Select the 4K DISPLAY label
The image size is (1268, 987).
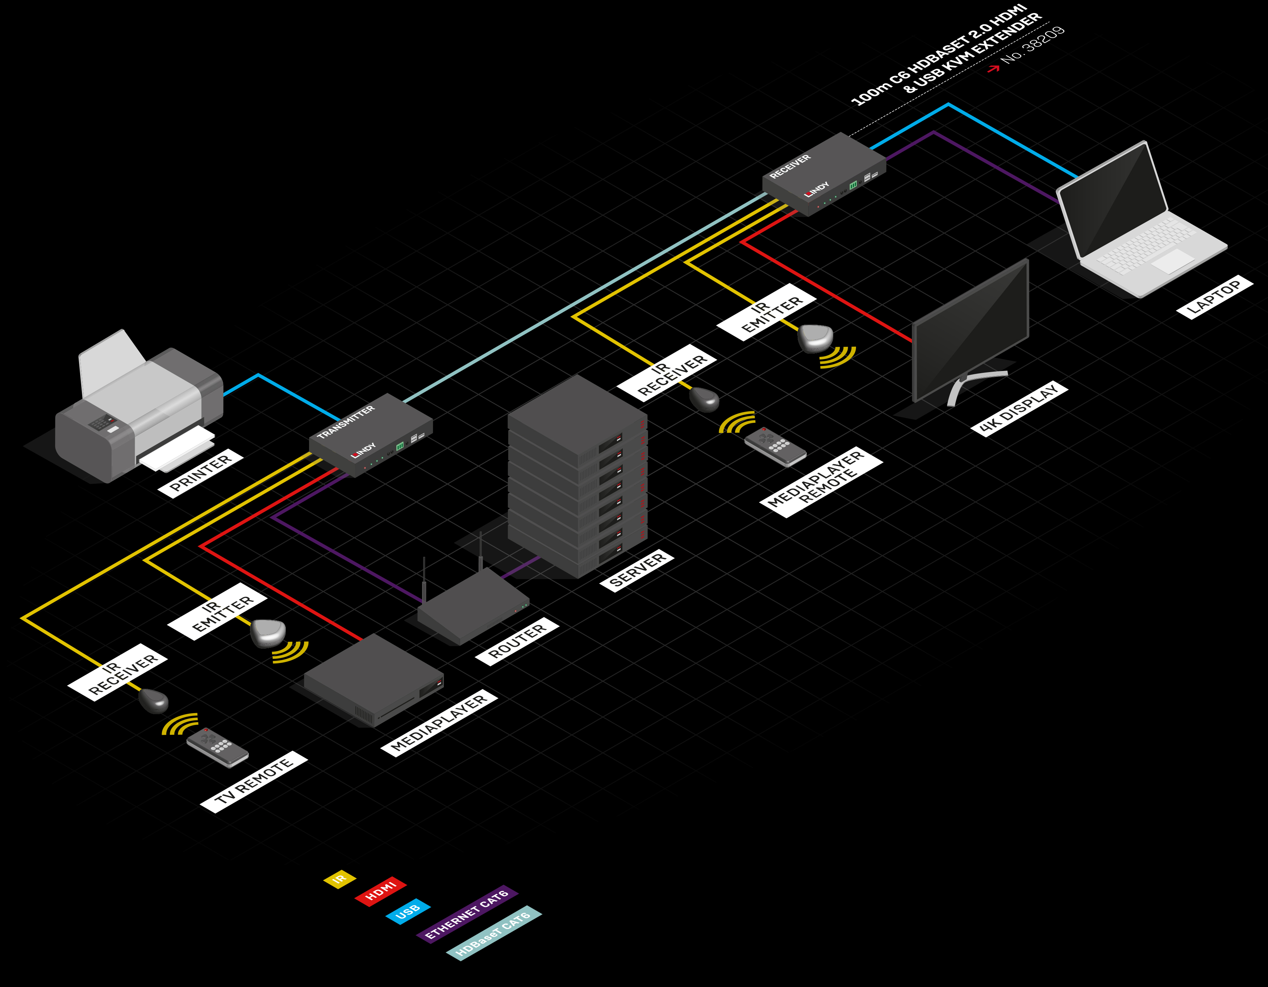coord(1019,408)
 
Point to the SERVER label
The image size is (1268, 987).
coord(637,570)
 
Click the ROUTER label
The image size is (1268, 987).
coord(517,641)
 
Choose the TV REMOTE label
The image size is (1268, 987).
coord(254,782)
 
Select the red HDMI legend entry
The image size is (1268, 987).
coord(380,891)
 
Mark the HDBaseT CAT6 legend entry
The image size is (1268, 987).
coord(493,933)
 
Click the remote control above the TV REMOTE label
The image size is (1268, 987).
coord(217,746)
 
